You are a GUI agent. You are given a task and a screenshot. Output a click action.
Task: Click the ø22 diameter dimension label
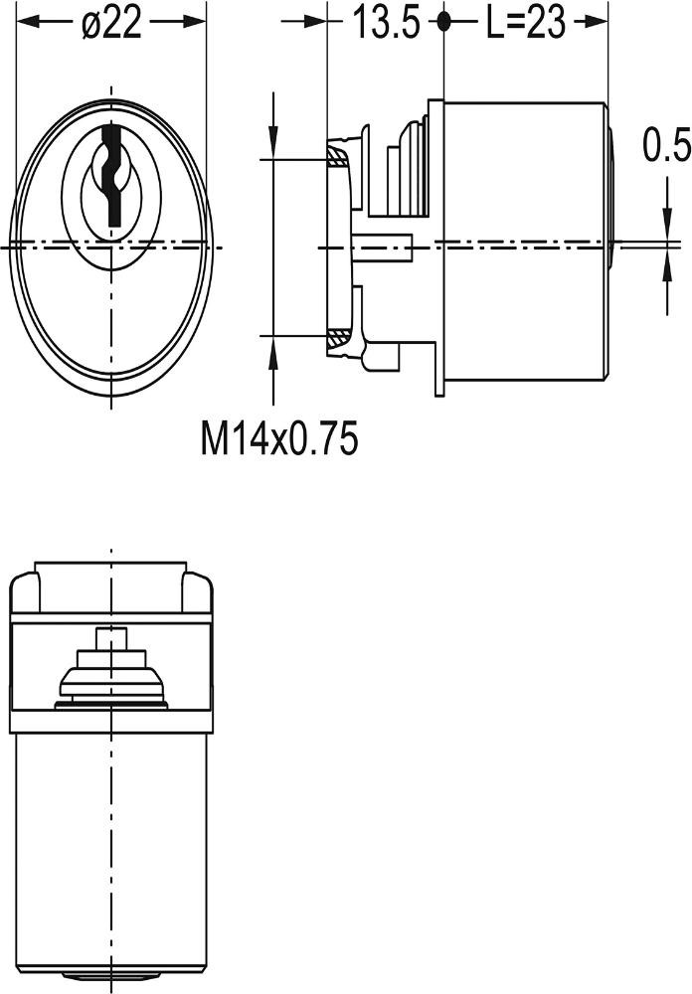pyautogui.click(x=111, y=24)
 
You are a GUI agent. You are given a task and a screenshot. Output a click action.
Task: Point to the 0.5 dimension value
pyautogui.click(x=665, y=144)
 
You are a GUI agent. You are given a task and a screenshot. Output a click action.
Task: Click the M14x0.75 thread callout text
pyautogui.click(x=279, y=438)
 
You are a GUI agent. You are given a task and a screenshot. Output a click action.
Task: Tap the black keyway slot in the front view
pyautogui.click(x=111, y=175)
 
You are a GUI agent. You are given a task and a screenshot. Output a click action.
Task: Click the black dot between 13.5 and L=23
pyautogui.click(x=443, y=22)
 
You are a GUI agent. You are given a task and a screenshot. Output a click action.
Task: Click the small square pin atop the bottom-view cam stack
pyautogui.click(x=111, y=638)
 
